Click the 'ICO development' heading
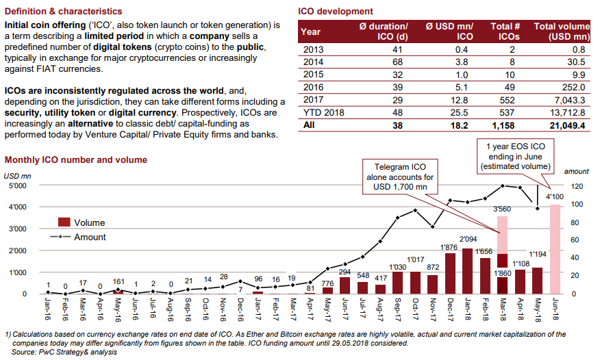point(336,12)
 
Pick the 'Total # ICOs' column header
point(505,31)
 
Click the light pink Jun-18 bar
point(555,249)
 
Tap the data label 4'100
point(555,197)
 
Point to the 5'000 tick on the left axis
point(18,185)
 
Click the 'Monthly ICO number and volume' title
point(76,159)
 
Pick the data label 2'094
point(468,240)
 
